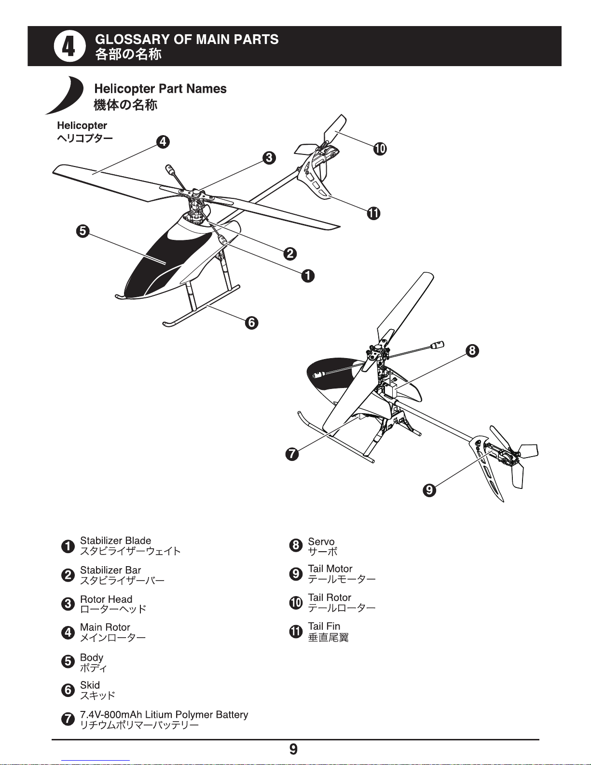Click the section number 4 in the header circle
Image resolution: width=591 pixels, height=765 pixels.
[x=69, y=46]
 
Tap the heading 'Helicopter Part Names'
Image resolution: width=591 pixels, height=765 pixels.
[x=160, y=89]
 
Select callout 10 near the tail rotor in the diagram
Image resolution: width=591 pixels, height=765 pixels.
[x=380, y=149]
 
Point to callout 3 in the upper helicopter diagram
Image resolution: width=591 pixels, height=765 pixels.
[x=269, y=157]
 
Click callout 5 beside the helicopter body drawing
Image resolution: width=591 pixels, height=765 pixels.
[x=82, y=231]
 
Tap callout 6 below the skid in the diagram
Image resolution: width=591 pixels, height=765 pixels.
[x=251, y=322]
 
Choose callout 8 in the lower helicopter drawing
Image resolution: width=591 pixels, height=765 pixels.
[x=472, y=350]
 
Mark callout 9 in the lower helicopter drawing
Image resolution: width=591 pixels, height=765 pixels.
[x=429, y=490]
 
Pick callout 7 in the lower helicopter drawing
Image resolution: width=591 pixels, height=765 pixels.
[x=292, y=454]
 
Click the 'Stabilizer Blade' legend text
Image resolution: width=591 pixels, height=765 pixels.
[x=116, y=541]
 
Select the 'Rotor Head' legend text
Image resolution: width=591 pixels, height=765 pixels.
[x=106, y=599]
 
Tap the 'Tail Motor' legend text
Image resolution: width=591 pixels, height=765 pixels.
[x=330, y=569]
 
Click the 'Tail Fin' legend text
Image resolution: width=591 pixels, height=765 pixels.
[x=324, y=626]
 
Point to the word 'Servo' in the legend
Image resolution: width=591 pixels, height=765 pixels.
[x=321, y=542]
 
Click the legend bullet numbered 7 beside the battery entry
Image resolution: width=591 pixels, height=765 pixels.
[x=68, y=719]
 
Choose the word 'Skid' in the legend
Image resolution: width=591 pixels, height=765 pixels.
[x=90, y=685]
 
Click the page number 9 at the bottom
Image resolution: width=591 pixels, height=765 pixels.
[x=293, y=750]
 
